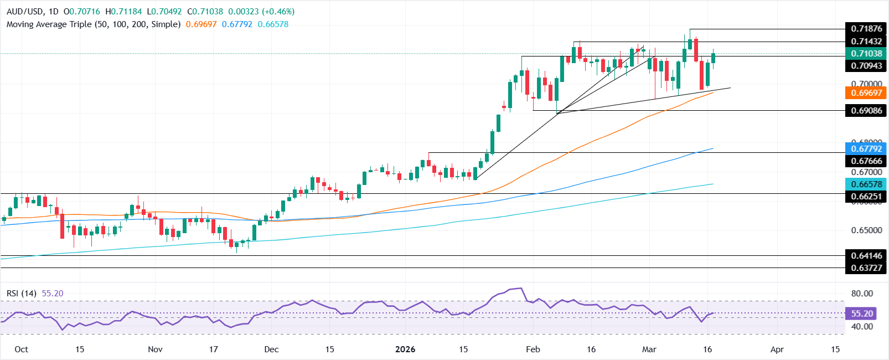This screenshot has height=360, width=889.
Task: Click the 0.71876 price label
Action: click(x=866, y=29)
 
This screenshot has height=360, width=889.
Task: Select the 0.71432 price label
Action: click(x=866, y=42)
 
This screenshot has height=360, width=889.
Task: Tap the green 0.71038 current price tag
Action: click(x=866, y=54)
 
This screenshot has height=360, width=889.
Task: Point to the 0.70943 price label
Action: click(x=866, y=66)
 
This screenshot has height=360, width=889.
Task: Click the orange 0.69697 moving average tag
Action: click(x=866, y=93)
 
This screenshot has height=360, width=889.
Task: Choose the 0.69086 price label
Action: click(x=866, y=111)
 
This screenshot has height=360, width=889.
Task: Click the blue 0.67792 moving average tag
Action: click(x=866, y=149)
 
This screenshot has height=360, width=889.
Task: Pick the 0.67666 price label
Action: click(x=866, y=161)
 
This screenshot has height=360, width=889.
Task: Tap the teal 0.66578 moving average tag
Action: click(x=866, y=184)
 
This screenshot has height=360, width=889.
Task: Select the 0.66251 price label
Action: click(x=866, y=197)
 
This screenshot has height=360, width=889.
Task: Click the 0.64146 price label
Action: click(x=866, y=256)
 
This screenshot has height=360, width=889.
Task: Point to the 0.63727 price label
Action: click(x=866, y=268)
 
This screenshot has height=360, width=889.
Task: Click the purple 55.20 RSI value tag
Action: click(x=862, y=313)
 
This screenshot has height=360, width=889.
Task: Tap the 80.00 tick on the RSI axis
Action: click(x=862, y=294)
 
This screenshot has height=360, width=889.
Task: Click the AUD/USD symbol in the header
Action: click(x=24, y=12)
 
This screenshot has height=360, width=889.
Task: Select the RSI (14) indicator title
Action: click(x=22, y=293)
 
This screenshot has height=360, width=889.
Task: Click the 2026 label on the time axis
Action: click(x=405, y=349)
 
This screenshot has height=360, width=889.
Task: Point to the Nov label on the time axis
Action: click(x=156, y=349)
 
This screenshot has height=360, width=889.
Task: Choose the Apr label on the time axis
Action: click(x=777, y=349)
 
